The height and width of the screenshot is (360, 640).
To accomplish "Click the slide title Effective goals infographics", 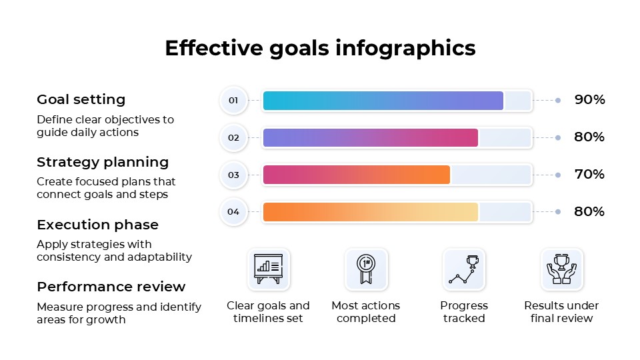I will [x=320, y=49].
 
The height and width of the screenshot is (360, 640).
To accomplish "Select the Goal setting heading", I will [x=81, y=99].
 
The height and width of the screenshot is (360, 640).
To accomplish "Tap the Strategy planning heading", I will [x=103, y=162].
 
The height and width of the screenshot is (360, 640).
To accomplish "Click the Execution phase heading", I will [x=97, y=225].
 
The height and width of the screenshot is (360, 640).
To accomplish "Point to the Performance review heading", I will [x=111, y=287].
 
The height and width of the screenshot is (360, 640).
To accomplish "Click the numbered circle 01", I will [x=233, y=101].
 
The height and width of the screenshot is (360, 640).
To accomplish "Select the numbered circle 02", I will [x=233, y=138].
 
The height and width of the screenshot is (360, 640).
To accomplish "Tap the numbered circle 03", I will [x=233, y=175].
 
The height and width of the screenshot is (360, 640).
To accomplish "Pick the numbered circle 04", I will [x=233, y=212].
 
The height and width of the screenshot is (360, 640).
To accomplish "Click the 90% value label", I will [x=589, y=100].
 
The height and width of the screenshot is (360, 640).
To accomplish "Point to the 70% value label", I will [x=589, y=175].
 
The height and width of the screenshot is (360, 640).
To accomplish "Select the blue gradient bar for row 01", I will [x=383, y=101].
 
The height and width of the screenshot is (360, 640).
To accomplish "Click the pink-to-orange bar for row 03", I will [x=357, y=175].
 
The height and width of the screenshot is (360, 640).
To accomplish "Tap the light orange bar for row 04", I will [x=371, y=212].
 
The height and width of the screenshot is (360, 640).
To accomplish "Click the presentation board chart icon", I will [x=269, y=269].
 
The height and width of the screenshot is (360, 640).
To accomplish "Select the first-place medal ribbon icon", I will [x=366, y=269].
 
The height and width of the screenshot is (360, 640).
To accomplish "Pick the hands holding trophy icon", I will [x=561, y=269].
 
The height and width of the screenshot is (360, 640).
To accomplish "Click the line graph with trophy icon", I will [x=464, y=269].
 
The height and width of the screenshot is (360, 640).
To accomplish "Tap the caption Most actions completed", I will [x=366, y=312].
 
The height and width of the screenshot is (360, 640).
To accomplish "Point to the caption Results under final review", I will [x=561, y=312].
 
